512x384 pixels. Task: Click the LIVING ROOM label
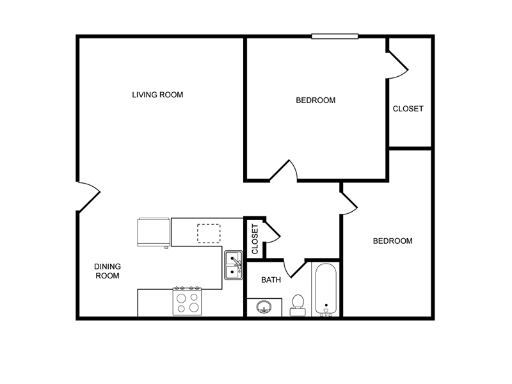(x=157, y=95)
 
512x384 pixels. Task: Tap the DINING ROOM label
(x=108, y=271)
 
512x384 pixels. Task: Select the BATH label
(x=271, y=280)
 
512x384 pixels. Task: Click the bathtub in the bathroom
(x=326, y=289)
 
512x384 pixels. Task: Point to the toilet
(x=298, y=306)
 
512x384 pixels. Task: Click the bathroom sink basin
(x=264, y=307)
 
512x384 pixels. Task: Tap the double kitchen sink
(x=234, y=265)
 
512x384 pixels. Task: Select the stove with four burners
(x=187, y=301)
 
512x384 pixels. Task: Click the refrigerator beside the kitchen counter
(x=154, y=232)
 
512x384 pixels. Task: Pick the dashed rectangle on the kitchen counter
(x=209, y=234)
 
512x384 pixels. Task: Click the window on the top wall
(x=335, y=36)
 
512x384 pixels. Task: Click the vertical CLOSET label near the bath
(x=255, y=239)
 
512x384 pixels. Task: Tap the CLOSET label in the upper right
(x=408, y=109)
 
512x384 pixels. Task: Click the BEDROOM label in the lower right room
(x=392, y=241)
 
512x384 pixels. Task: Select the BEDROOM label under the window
(x=316, y=100)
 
